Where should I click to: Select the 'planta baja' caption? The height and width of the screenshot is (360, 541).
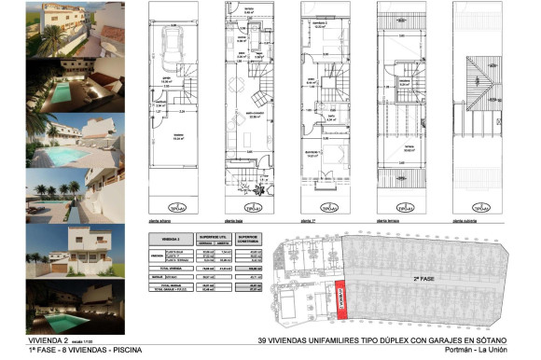click(x=234, y=221)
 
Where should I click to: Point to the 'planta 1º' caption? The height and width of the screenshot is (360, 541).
click(x=309, y=221)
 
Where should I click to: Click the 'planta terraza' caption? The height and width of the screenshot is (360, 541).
click(x=387, y=221)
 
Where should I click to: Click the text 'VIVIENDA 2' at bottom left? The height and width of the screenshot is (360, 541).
click(x=49, y=341)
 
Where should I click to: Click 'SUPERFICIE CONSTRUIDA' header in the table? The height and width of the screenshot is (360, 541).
click(x=249, y=239)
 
